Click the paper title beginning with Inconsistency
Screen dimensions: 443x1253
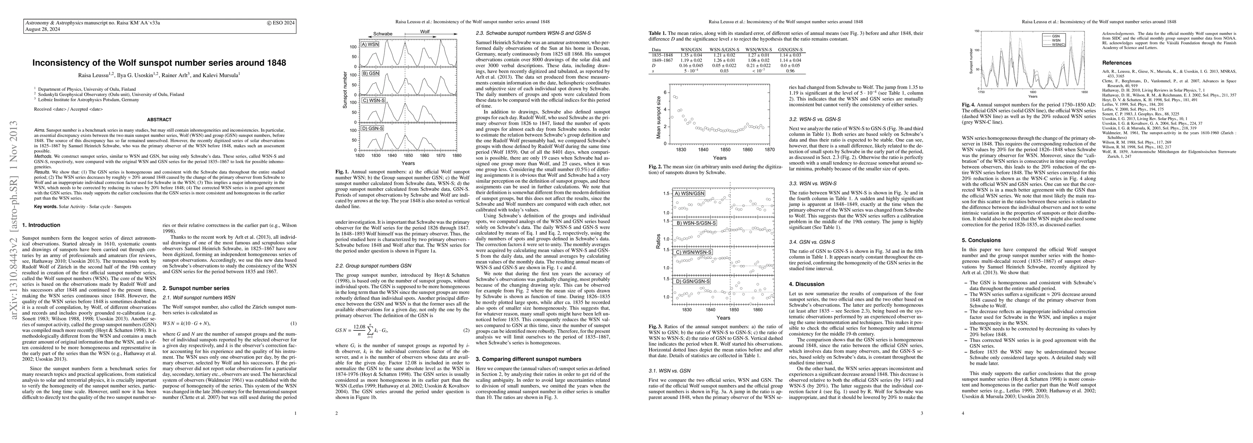pyautogui.click(x=159, y=63)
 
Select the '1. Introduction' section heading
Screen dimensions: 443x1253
pyautogui.click(x=41, y=225)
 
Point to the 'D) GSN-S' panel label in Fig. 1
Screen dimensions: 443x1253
pyautogui.click(x=373, y=128)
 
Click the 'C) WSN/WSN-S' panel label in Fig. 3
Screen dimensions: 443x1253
pyautogui.click(x=692, y=253)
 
